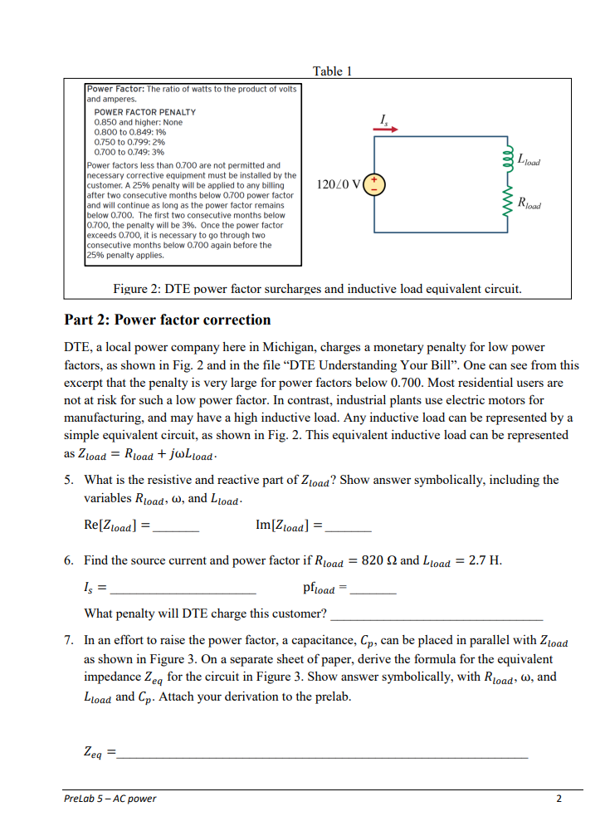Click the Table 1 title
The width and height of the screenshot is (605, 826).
(x=332, y=71)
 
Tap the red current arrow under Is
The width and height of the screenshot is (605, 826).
(x=388, y=130)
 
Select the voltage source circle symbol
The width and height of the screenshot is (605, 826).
(x=375, y=183)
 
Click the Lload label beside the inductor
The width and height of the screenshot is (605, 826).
(x=528, y=159)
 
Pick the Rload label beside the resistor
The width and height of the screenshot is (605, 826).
(x=529, y=203)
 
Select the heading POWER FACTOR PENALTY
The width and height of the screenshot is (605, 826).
(x=145, y=111)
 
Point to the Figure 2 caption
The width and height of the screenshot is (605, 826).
(x=317, y=289)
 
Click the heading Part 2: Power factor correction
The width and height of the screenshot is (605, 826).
(x=168, y=320)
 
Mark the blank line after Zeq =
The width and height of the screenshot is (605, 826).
(x=322, y=756)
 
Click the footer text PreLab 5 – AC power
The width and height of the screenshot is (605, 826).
(x=110, y=799)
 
